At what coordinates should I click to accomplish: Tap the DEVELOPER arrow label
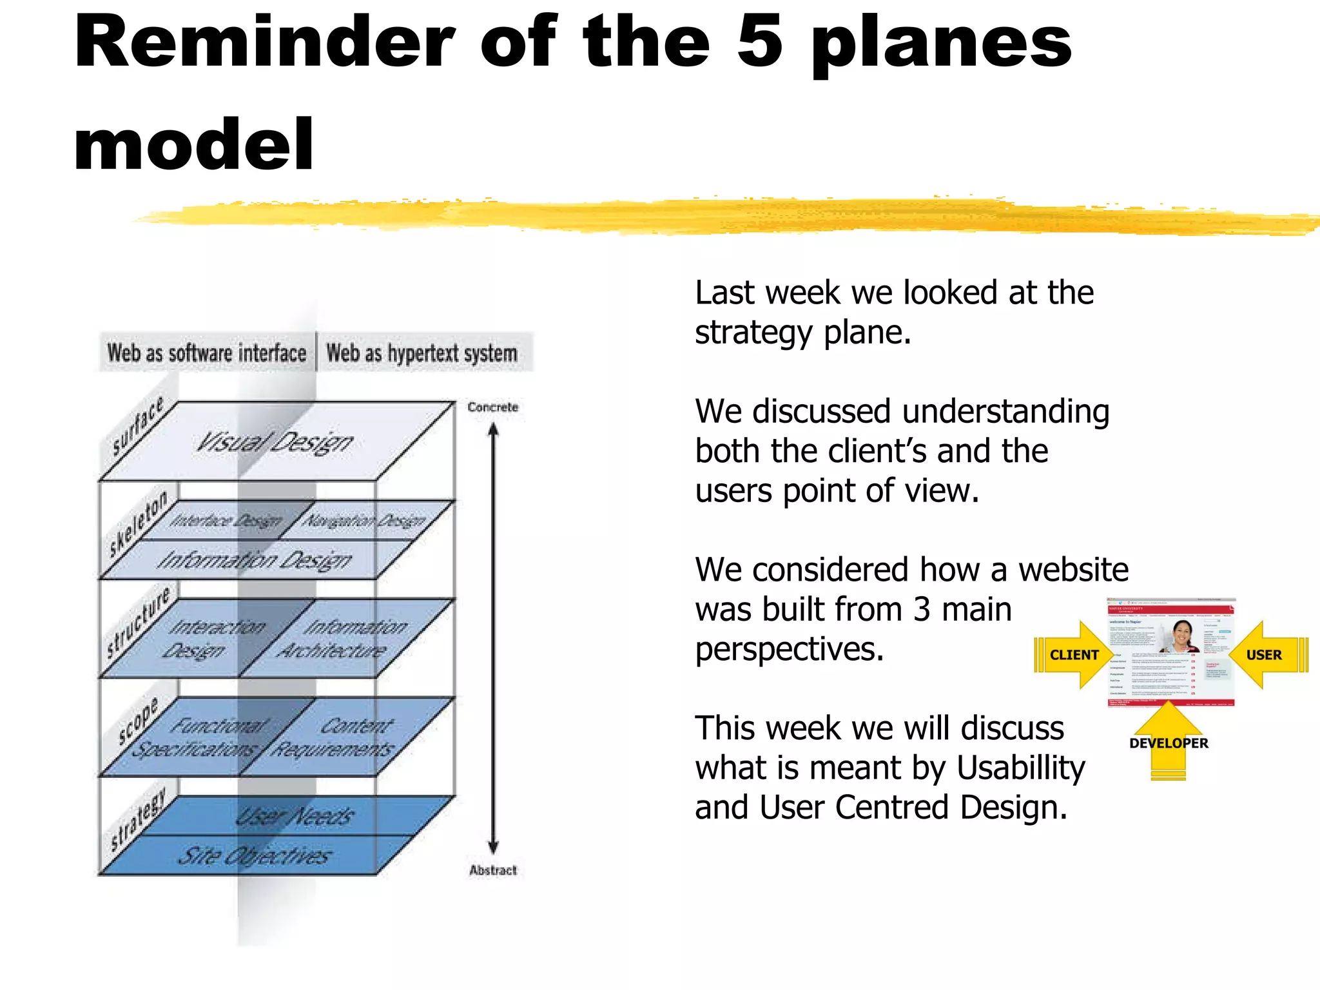click(x=1169, y=743)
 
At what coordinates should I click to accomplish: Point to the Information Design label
click(x=255, y=560)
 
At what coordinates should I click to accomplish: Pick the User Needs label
click(x=295, y=817)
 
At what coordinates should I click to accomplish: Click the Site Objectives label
click(x=255, y=856)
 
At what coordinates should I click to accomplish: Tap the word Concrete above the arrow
click(x=493, y=407)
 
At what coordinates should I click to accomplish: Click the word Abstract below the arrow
click(x=493, y=870)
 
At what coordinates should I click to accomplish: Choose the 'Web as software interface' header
click(x=207, y=353)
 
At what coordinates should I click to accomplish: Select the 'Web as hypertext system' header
click(x=422, y=353)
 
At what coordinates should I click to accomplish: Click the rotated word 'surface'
click(x=137, y=426)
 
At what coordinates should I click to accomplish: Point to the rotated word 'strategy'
click(x=137, y=819)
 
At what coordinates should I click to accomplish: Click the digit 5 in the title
click(x=760, y=42)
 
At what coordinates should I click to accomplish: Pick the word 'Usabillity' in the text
click(x=1021, y=768)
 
